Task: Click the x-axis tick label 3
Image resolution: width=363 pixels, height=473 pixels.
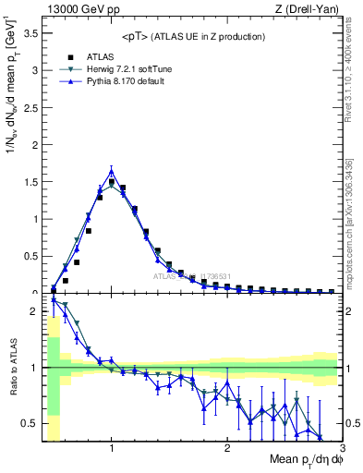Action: click(x=342, y=448)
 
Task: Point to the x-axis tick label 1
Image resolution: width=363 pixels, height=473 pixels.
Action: click(x=112, y=448)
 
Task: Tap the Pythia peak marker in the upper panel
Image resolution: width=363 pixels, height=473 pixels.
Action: click(x=112, y=171)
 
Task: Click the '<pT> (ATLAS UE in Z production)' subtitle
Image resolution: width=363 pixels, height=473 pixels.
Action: click(x=193, y=36)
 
